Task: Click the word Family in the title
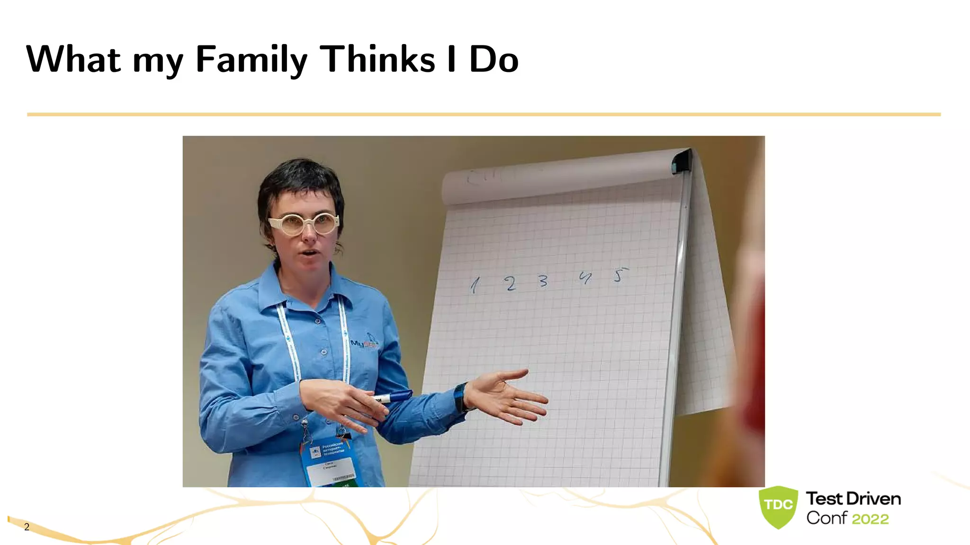251,60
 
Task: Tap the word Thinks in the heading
377,60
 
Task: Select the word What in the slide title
73,60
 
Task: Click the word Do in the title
494,60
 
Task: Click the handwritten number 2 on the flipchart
510,283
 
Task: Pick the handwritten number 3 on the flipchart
543,281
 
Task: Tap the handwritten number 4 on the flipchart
585,278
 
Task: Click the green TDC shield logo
778,506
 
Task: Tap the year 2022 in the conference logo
870,519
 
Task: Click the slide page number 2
27,527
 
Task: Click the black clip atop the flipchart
682,161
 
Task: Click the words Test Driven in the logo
853,499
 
